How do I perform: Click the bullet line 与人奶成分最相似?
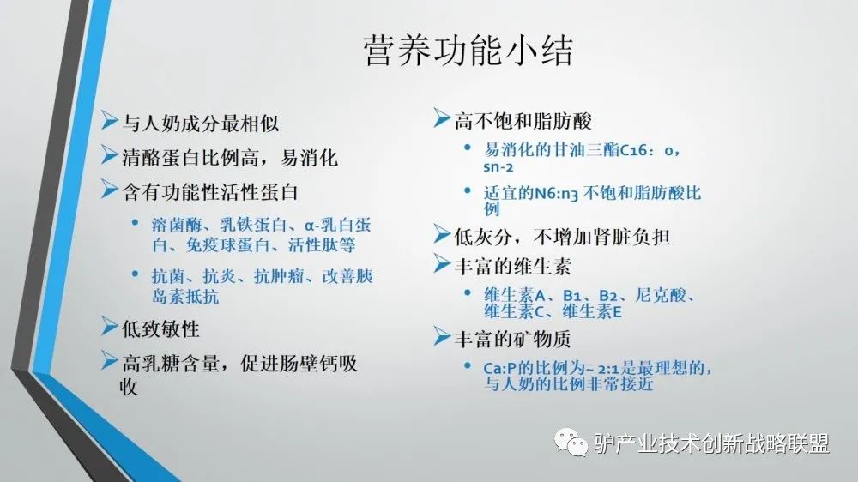[200, 124]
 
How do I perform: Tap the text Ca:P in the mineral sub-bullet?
[501, 368]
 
